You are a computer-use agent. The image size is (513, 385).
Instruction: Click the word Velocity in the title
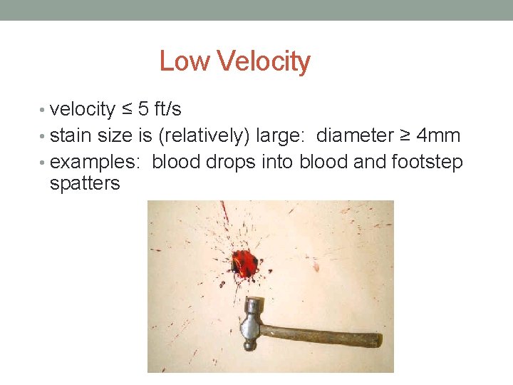coord(263,62)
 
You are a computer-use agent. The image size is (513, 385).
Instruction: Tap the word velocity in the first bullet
coord(82,110)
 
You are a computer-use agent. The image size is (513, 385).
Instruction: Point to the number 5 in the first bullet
coord(143,110)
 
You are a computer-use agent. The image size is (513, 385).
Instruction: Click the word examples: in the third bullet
coord(96,162)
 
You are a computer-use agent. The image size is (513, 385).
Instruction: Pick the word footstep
coord(427,162)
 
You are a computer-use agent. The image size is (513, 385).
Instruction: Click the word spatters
coord(85,184)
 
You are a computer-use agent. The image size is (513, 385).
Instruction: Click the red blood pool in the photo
coord(244,263)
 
